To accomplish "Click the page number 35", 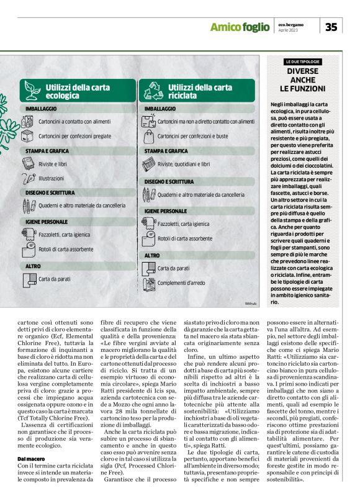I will [331, 26].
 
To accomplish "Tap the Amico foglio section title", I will [239, 27].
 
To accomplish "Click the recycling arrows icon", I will [152, 92].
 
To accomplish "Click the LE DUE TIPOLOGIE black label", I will [302, 62].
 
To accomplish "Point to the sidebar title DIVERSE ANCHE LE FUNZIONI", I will [302, 80].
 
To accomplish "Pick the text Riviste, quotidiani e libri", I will [184, 164].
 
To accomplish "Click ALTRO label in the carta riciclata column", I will [152, 255].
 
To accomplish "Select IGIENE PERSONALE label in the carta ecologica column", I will [47, 221].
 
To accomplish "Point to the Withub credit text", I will [251, 304].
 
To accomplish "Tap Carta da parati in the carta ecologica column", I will [55, 279].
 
